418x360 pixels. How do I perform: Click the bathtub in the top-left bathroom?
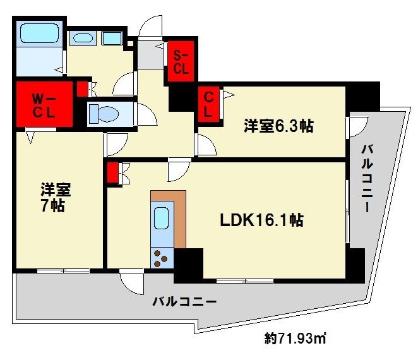pyautogui.click(x=39, y=33)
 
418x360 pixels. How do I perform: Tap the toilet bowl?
pyautogui.click(x=108, y=114)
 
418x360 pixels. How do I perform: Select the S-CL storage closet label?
pyautogui.click(x=181, y=63)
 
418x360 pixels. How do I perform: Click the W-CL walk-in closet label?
pyautogui.click(x=44, y=106)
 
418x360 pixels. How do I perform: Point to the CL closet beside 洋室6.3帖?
pyautogui.click(x=208, y=105)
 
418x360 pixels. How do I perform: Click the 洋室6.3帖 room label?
pyautogui.click(x=278, y=126)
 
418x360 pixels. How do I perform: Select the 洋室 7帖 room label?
pyautogui.click(x=55, y=197)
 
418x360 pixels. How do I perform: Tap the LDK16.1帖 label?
pyautogui.click(x=261, y=220)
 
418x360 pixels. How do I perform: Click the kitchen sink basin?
pyautogui.click(x=162, y=219)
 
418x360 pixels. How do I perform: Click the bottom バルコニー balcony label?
pyautogui.click(x=184, y=302)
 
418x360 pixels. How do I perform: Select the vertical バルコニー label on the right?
pyautogui.click(x=367, y=178)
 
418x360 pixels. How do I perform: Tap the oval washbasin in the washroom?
pyautogui.click(x=83, y=38)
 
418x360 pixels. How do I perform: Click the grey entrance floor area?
pyautogui.click(x=151, y=55)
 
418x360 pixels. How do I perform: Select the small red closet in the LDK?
pyautogui.click(x=113, y=173)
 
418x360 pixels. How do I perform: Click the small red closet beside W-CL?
pyautogui.click(x=82, y=89)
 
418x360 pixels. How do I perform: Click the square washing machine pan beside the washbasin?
pyautogui.click(x=112, y=38)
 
